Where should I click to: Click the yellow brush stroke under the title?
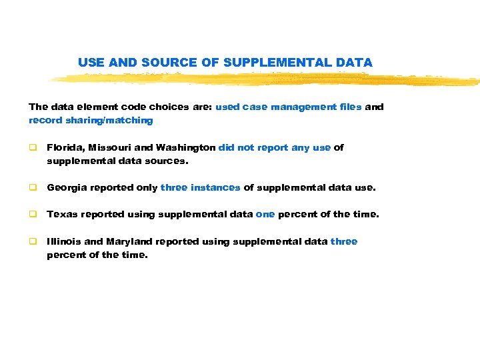267,79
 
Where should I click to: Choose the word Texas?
61,215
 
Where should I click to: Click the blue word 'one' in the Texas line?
265,215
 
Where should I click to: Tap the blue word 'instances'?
215,188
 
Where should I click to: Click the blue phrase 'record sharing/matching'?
91,121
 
